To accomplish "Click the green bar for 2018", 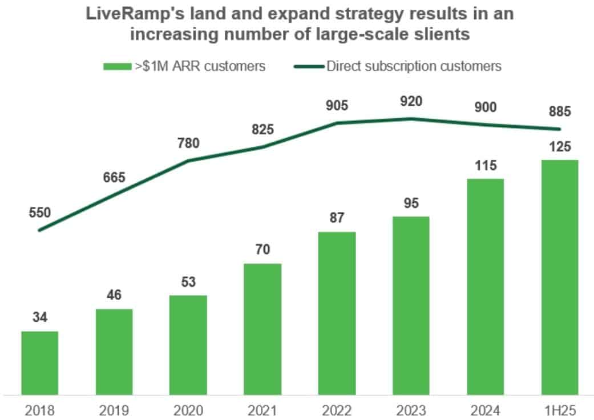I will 40,363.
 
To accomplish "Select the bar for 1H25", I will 559,277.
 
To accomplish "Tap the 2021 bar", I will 262,329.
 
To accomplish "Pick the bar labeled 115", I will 485,286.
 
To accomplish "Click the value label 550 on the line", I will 40,213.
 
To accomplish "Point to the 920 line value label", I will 411,102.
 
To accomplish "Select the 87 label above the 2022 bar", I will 337,218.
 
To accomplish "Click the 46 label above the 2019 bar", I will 114,295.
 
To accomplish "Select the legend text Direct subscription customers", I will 414,66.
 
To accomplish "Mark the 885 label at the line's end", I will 559,111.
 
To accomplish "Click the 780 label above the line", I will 188,143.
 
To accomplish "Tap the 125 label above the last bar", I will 559,147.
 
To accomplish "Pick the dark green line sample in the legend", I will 309,66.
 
